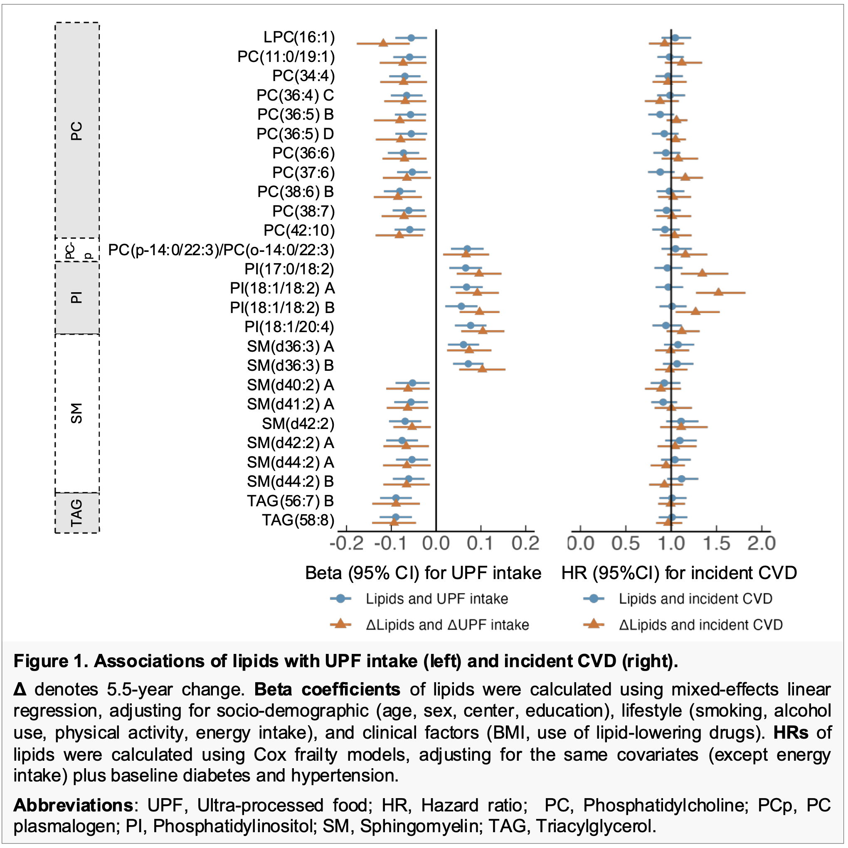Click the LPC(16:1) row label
click(x=299, y=37)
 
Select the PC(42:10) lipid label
click(x=299, y=230)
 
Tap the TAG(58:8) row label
click(x=298, y=520)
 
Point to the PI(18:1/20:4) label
click(x=289, y=327)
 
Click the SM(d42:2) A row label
click(x=291, y=443)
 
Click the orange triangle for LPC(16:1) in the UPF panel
click(x=383, y=42)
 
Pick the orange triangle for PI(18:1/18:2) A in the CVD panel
click(x=718, y=292)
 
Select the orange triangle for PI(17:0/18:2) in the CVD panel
click(x=702, y=273)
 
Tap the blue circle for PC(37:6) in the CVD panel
click(x=660, y=172)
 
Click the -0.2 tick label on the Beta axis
click(x=346, y=544)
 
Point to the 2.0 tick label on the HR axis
click(x=762, y=544)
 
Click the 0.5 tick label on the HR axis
click(x=626, y=544)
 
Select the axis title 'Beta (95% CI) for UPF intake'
click(x=423, y=573)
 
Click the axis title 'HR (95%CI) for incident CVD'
click(x=679, y=573)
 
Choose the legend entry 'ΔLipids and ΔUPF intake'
click(x=447, y=625)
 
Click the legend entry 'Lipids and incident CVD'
click(x=695, y=599)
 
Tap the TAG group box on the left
click(x=77, y=513)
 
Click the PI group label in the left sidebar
click(x=77, y=298)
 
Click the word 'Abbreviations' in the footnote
click(x=73, y=806)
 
